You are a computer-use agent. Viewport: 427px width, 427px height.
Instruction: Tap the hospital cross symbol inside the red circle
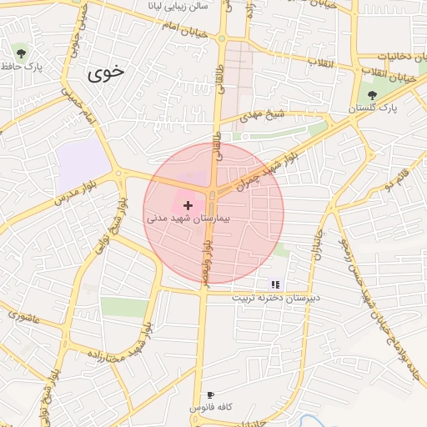click(x=188, y=204)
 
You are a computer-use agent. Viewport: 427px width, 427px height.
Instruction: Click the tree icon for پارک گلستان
click(x=372, y=95)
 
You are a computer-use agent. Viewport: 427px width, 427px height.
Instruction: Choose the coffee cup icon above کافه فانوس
click(x=210, y=394)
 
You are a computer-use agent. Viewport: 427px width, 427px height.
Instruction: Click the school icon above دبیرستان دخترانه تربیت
click(x=275, y=284)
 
